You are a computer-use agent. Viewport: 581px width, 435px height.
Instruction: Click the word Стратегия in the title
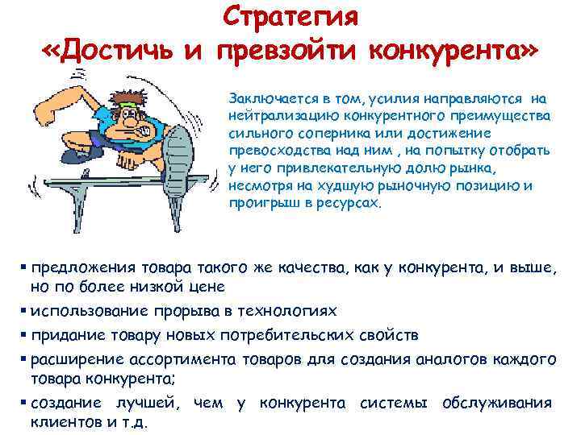coord(291,16)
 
